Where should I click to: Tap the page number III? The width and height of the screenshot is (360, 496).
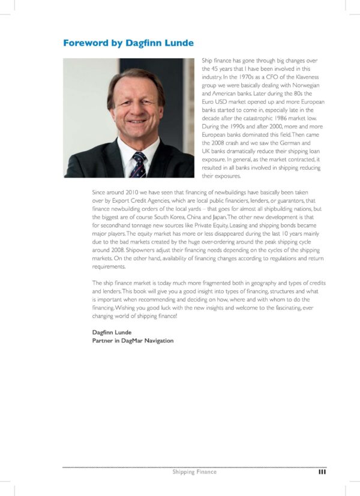pyautogui.click(x=322, y=472)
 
